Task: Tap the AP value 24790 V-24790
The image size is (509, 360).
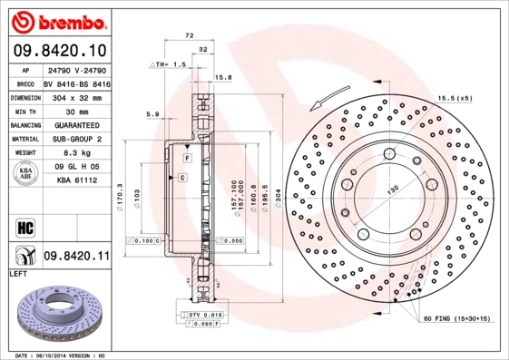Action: tap(76, 69)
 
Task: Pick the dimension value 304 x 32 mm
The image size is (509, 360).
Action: tap(76, 97)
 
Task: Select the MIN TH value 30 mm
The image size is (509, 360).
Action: tap(76, 111)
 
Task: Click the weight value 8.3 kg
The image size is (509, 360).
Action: tap(76, 153)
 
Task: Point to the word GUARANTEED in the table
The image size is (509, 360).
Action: tap(76, 125)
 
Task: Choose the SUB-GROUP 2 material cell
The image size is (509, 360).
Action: tap(76, 139)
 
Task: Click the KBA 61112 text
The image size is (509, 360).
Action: tap(76, 181)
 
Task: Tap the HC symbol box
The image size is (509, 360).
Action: tap(25, 226)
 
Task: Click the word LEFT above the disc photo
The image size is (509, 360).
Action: tap(18, 273)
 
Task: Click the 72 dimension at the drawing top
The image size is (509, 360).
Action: tap(190, 34)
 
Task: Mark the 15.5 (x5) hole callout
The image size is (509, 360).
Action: tap(455, 97)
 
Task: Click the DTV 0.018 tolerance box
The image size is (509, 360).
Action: tap(206, 313)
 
